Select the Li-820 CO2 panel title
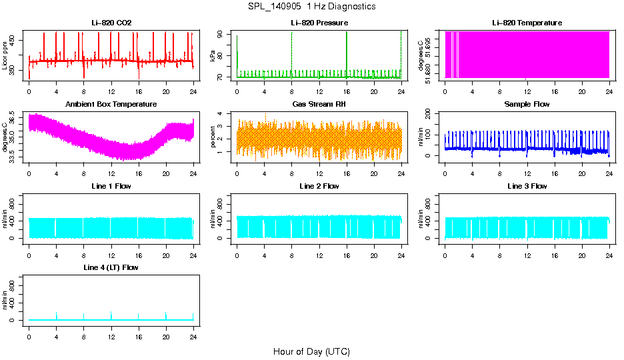pos(111,23)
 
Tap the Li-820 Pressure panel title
pos(319,23)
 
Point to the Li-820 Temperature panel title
pos(527,23)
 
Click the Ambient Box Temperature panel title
pos(111,105)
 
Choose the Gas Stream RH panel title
pos(319,105)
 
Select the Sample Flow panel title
pos(527,105)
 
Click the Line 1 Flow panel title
pos(111,186)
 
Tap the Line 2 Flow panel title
pos(319,186)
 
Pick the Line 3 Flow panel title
pos(527,186)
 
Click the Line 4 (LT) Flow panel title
pos(111,267)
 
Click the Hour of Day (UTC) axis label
pos(311,351)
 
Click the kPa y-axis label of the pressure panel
pos(213,57)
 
